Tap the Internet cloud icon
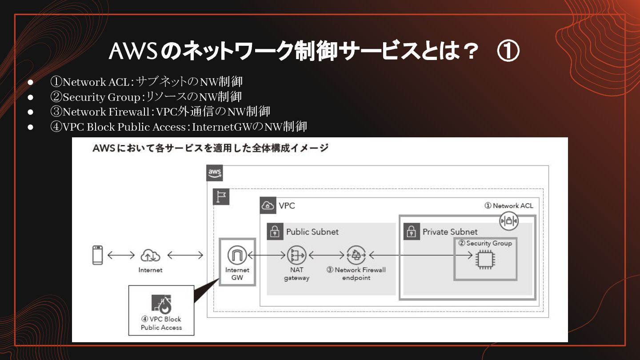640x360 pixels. tap(150, 255)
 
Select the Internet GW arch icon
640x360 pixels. tap(237, 256)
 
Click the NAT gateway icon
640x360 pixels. tap(296, 255)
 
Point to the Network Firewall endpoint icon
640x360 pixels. tap(356, 255)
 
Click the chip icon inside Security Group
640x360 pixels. tap(485, 260)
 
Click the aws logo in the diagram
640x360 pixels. tap(215, 173)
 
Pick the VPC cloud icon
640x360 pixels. tap(268, 206)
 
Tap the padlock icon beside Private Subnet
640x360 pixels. tap(412, 232)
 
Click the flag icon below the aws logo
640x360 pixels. tap(221, 196)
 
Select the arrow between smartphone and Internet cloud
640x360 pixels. tap(121, 255)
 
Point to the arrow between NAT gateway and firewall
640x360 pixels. tap(326, 255)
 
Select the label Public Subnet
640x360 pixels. tap(312, 232)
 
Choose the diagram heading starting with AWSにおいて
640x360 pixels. tap(210, 148)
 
